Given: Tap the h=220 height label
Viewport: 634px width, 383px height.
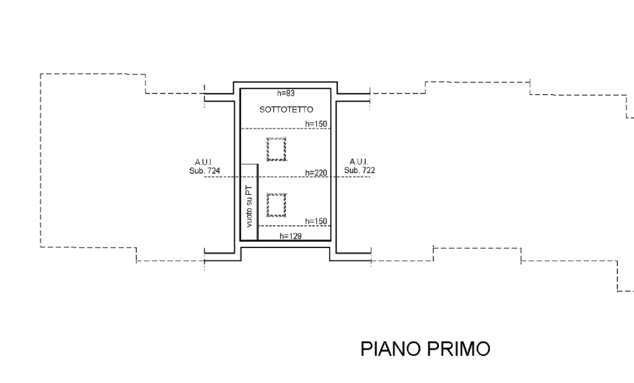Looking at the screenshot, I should coord(316,173).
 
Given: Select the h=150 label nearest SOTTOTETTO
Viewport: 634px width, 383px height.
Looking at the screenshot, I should coord(316,124).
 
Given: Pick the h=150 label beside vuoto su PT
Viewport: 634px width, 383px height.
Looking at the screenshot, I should coord(316,222).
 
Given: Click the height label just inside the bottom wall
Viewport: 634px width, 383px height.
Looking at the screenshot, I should coord(290,236).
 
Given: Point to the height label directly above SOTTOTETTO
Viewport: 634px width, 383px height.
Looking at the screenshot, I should coord(285,93).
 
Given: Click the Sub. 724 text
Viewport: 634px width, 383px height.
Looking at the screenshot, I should coord(205,170).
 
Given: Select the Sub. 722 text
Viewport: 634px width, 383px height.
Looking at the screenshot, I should coord(359,170).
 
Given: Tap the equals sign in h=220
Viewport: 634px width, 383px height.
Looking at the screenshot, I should coord(311,173).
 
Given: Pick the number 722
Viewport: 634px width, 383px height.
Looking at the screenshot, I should coord(368,170).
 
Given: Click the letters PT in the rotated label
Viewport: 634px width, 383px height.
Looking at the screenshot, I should coord(249,189).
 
